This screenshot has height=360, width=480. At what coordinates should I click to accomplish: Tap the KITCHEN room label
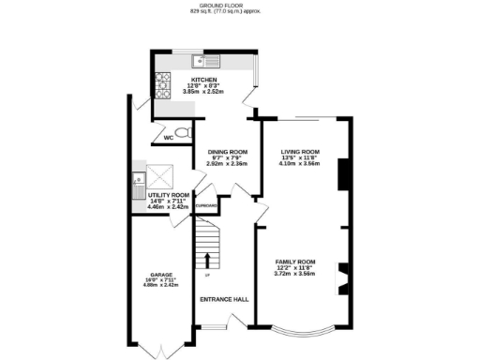tap(204, 80)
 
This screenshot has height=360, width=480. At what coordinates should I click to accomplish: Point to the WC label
tap(169, 138)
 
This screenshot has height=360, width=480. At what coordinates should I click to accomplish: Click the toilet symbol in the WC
tap(184, 132)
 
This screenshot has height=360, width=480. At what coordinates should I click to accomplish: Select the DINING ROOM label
tap(226, 152)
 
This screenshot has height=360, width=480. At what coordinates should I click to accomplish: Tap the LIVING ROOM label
tap(300, 151)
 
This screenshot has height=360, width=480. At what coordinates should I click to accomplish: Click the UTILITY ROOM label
tap(169, 194)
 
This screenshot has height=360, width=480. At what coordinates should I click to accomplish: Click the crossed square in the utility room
tap(161, 175)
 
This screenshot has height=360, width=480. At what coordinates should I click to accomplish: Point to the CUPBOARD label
tap(206, 206)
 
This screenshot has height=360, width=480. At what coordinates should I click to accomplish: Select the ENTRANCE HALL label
tap(225, 299)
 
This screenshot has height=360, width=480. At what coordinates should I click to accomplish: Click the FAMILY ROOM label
tap(294, 262)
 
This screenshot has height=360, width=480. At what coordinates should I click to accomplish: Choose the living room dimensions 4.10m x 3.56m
tap(300, 163)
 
